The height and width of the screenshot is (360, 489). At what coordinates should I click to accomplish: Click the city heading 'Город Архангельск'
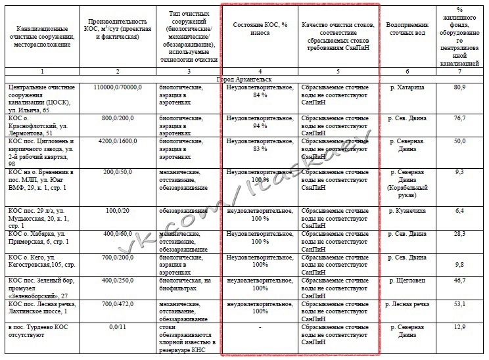pyautogui.click(x=244, y=79)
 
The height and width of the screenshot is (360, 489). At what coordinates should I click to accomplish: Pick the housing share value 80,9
pyautogui.click(x=459, y=87)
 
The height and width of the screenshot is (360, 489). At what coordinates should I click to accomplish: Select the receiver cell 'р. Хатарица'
pyautogui.click(x=407, y=87)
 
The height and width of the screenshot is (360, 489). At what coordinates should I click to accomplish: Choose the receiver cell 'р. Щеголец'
pyautogui.click(x=407, y=280)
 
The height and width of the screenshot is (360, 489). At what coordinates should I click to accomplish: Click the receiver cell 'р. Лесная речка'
pyautogui.click(x=407, y=304)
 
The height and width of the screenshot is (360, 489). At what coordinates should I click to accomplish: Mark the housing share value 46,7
pyautogui.click(x=459, y=280)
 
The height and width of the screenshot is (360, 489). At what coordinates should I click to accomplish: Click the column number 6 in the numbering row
pyautogui.click(x=407, y=71)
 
